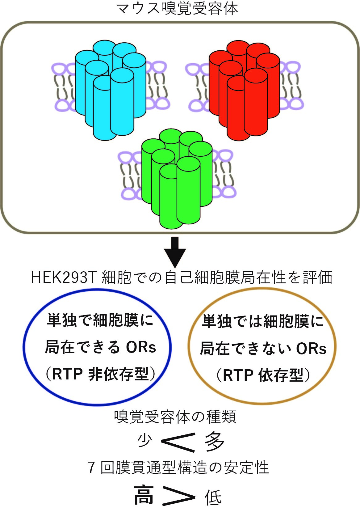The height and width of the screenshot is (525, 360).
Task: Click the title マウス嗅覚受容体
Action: tap(177, 9)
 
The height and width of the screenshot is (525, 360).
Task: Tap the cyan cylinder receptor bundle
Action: tap(111, 90)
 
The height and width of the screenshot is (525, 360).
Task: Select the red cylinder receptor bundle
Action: tap(244, 91)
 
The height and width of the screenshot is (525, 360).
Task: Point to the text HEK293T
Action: tap(64, 278)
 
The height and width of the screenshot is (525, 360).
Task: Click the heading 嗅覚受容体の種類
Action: tap(175, 417)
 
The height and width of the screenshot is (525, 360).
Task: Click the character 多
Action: tap(214, 442)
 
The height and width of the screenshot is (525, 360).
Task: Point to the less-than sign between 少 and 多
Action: tap(178, 442)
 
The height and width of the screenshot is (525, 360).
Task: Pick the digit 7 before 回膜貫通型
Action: tap(91, 468)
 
